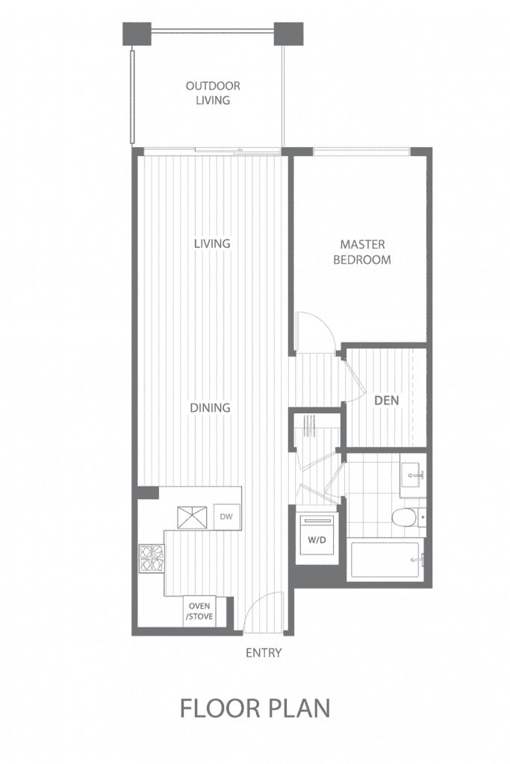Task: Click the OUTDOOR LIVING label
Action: (213, 93)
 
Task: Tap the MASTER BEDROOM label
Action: (362, 252)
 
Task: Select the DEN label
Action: (387, 401)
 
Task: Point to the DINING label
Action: (210, 408)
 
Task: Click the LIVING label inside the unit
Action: (212, 244)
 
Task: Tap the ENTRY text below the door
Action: (264, 653)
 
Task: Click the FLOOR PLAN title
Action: (255, 708)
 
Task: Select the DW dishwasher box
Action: (227, 517)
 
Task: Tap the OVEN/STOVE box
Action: (199, 611)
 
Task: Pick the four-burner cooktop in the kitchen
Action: (152, 558)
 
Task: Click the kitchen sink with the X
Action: (192, 518)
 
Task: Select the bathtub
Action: (385, 559)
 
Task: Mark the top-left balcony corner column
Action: (137, 34)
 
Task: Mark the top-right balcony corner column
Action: (289, 34)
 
